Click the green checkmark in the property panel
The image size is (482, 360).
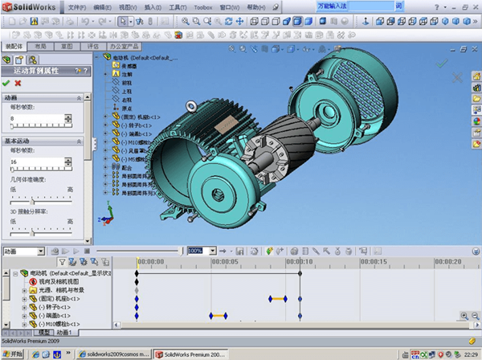pyautogui.click(x=6, y=83)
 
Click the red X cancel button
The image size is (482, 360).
pyautogui.click(x=18, y=83)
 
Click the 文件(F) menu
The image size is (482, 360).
pyautogui.click(x=76, y=6)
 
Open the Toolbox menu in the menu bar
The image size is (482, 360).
pyautogui.click(x=204, y=6)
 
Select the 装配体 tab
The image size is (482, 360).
pyautogui.click(x=14, y=47)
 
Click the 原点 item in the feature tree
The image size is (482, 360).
pyautogui.click(x=127, y=108)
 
